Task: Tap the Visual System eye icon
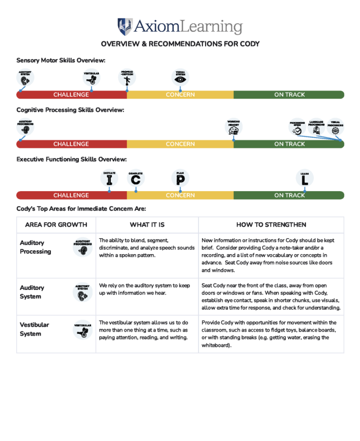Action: pyautogui.click(x=180, y=78)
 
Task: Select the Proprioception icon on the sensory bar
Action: pyautogui.click(x=127, y=78)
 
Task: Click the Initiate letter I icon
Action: pyautogui.click(x=109, y=178)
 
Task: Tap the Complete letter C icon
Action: pyautogui.click(x=136, y=178)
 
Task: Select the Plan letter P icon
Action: pyautogui.click(x=180, y=178)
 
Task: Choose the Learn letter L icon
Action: pyautogui.click(x=305, y=178)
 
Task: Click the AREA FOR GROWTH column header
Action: pyautogui.click(x=56, y=225)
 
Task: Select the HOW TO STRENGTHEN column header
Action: pyautogui.click(x=271, y=225)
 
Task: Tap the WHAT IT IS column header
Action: pyautogui.click(x=147, y=225)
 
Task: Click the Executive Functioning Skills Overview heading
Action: pyautogui.click(x=71, y=159)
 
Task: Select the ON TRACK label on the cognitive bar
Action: pyautogui.click(x=289, y=144)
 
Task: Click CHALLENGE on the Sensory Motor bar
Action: pyautogui.click(x=71, y=95)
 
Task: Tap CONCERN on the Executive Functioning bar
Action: pyautogui.click(x=180, y=196)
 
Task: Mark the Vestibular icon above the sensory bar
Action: pyautogui.click(x=91, y=78)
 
